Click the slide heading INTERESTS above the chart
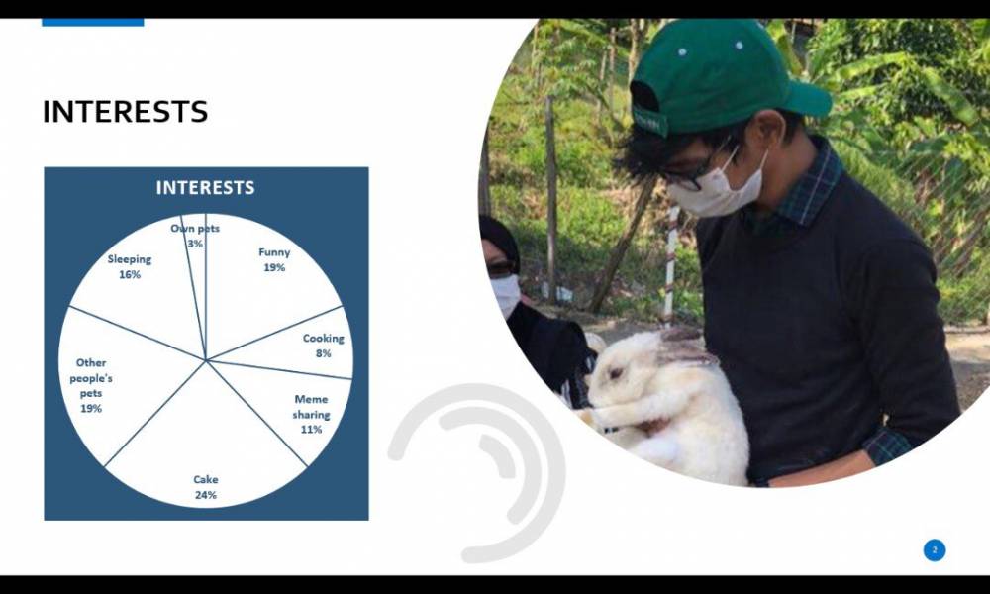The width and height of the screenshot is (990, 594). point(125,112)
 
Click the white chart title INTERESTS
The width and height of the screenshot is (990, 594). point(205,187)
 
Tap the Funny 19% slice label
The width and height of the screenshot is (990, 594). point(274,259)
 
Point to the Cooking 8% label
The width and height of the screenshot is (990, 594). point(324,346)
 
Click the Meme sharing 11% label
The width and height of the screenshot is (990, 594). point(311,414)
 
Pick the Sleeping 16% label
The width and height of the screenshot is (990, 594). point(130,266)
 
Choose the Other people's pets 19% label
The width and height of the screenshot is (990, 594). point(91,386)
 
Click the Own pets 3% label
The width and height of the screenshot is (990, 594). point(195,236)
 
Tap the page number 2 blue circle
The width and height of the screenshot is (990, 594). point(935,550)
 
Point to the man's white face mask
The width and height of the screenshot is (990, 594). point(718,186)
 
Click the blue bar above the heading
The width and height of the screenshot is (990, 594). point(93,22)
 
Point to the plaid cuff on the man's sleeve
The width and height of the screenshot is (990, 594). point(886,445)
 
